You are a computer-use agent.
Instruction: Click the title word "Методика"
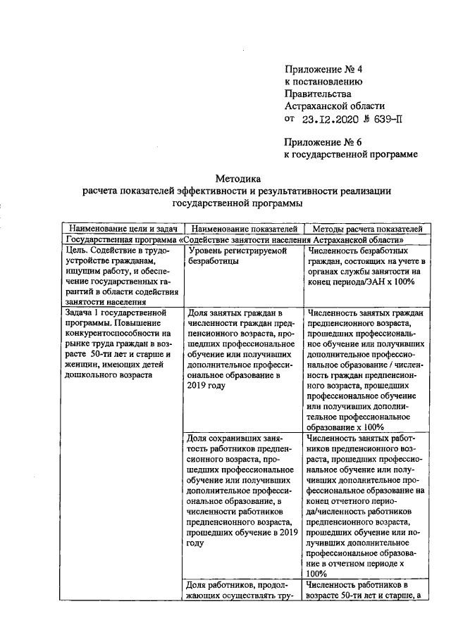tap(237, 178)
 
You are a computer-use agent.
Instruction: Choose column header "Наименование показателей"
tap(244, 229)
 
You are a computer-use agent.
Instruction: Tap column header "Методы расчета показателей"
tap(366, 229)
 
